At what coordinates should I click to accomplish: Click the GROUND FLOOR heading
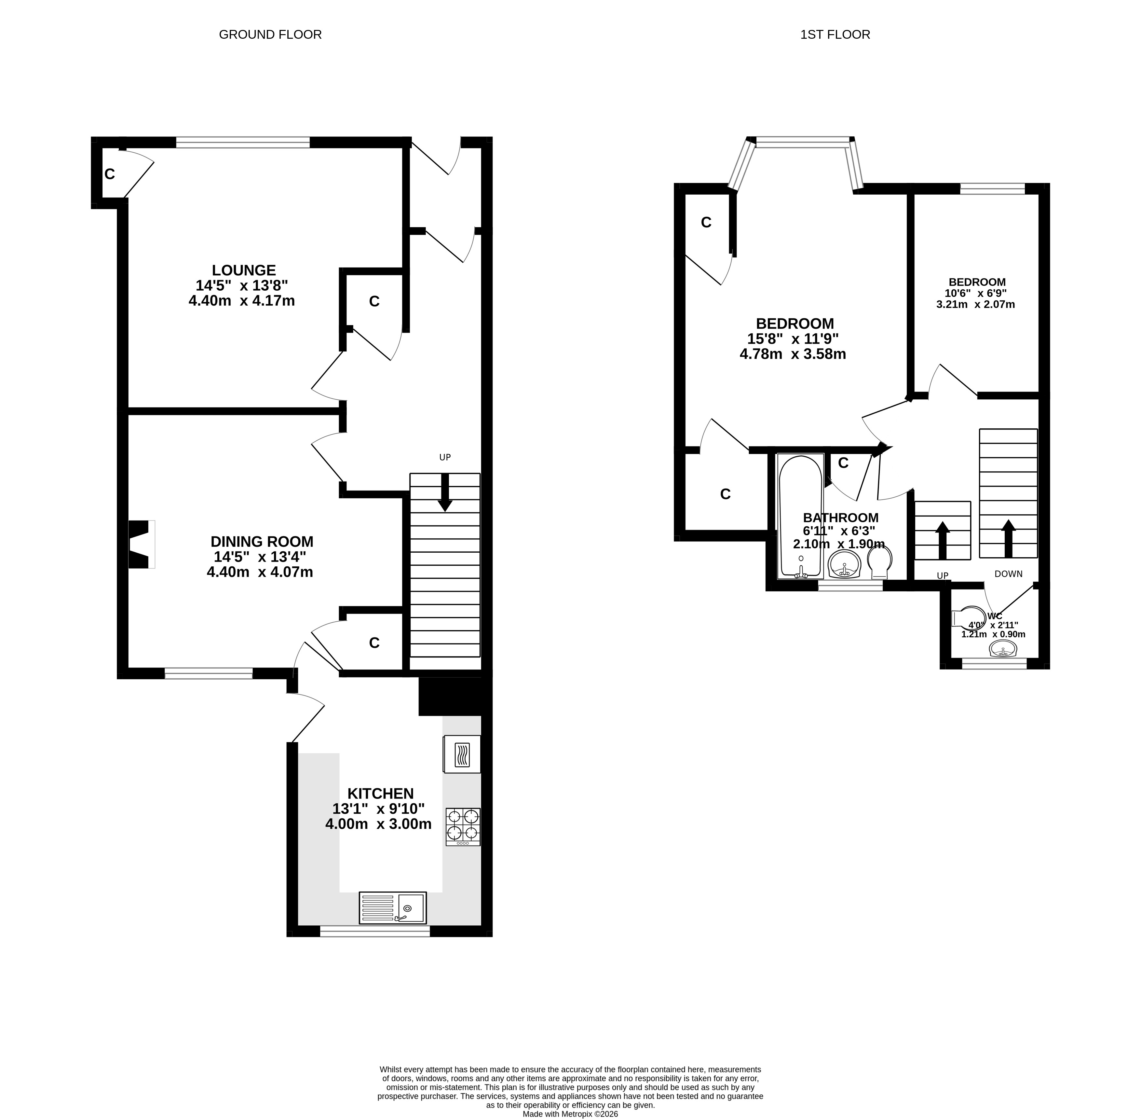270,35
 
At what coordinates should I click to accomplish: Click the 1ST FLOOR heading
835,35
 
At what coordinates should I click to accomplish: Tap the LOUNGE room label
244,270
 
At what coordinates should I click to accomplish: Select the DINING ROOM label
262,541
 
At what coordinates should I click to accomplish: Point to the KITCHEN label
380,794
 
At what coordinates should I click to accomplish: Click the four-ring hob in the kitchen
463,827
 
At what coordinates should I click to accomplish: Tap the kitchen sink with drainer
392,908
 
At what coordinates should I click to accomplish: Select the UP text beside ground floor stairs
445,457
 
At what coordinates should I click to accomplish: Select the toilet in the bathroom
879,563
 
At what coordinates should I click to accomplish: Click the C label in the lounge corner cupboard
109,174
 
